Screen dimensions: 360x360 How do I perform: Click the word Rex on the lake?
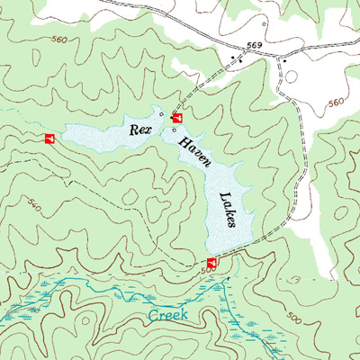pyautogui.click(x=139, y=130)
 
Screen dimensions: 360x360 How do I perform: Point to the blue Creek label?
pyautogui.click(x=169, y=316)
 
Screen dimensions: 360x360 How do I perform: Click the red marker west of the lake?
pyautogui.click(x=49, y=138)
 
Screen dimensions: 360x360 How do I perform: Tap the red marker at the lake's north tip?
pyautogui.click(x=177, y=118)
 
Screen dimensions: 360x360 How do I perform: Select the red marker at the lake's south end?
pyautogui.click(x=212, y=262)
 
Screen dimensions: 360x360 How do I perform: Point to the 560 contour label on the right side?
pyautogui.click(x=337, y=102)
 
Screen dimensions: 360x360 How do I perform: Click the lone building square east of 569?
pyautogui.click(x=285, y=60)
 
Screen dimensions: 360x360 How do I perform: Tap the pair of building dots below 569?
pyautogui.click(x=236, y=59)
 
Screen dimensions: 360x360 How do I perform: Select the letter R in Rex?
pyautogui.click(x=133, y=130)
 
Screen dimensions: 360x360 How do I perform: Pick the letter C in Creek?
pyautogui.click(x=153, y=316)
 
